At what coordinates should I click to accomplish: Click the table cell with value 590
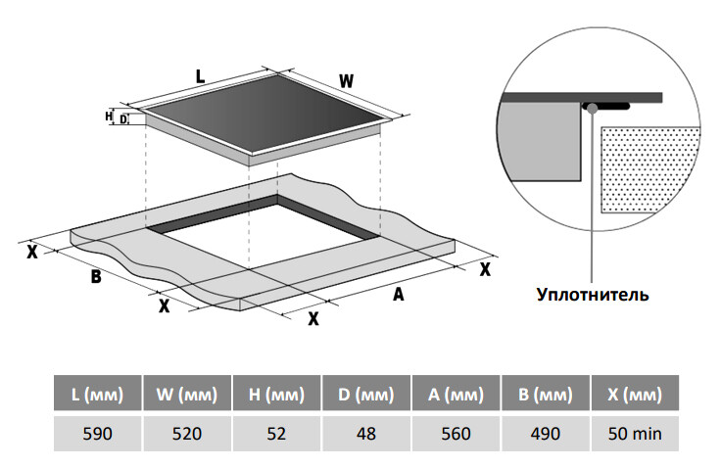(x=97, y=433)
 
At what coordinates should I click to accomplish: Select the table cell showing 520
(x=187, y=433)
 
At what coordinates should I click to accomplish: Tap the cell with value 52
(x=277, y=433)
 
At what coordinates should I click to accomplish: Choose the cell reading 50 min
(x=635, y=433)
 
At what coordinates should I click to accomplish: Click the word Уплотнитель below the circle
(x=593, y=293)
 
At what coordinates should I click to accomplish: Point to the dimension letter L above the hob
(x=200, y=75)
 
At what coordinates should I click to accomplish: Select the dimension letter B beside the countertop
(x=96, y=276)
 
